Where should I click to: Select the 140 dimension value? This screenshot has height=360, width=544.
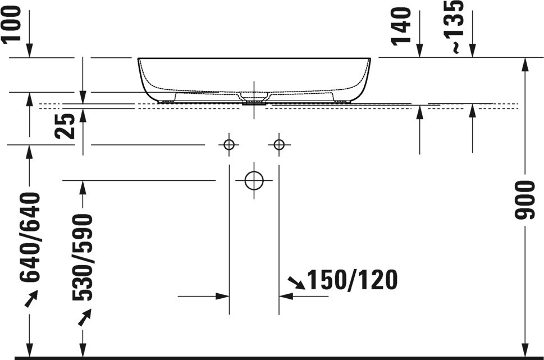(401, 27)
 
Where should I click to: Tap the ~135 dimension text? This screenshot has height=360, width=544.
(454, 26)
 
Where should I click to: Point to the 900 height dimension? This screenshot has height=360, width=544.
(524, 200)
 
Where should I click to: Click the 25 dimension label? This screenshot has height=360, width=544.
(65, 126)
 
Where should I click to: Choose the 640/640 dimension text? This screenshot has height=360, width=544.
(30, 237)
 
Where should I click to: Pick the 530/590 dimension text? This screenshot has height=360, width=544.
(83, 257)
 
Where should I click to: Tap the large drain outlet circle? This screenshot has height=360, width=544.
(254, 181)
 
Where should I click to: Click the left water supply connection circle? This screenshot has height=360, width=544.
(229, 144)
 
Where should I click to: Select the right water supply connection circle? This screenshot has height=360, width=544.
(279, 144)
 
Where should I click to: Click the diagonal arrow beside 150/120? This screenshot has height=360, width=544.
(296, 283)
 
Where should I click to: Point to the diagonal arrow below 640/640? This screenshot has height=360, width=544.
(31, 299)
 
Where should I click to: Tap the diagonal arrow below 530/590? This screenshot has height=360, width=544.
(84, 317)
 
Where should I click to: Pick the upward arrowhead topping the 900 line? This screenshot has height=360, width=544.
(525, 64)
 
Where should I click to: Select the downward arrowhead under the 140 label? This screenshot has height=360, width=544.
(420, 51)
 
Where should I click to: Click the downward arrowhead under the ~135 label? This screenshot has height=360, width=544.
(472, 51)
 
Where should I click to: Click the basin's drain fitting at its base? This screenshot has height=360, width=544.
(254, 103)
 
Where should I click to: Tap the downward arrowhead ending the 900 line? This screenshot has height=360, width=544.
(525, 349)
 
